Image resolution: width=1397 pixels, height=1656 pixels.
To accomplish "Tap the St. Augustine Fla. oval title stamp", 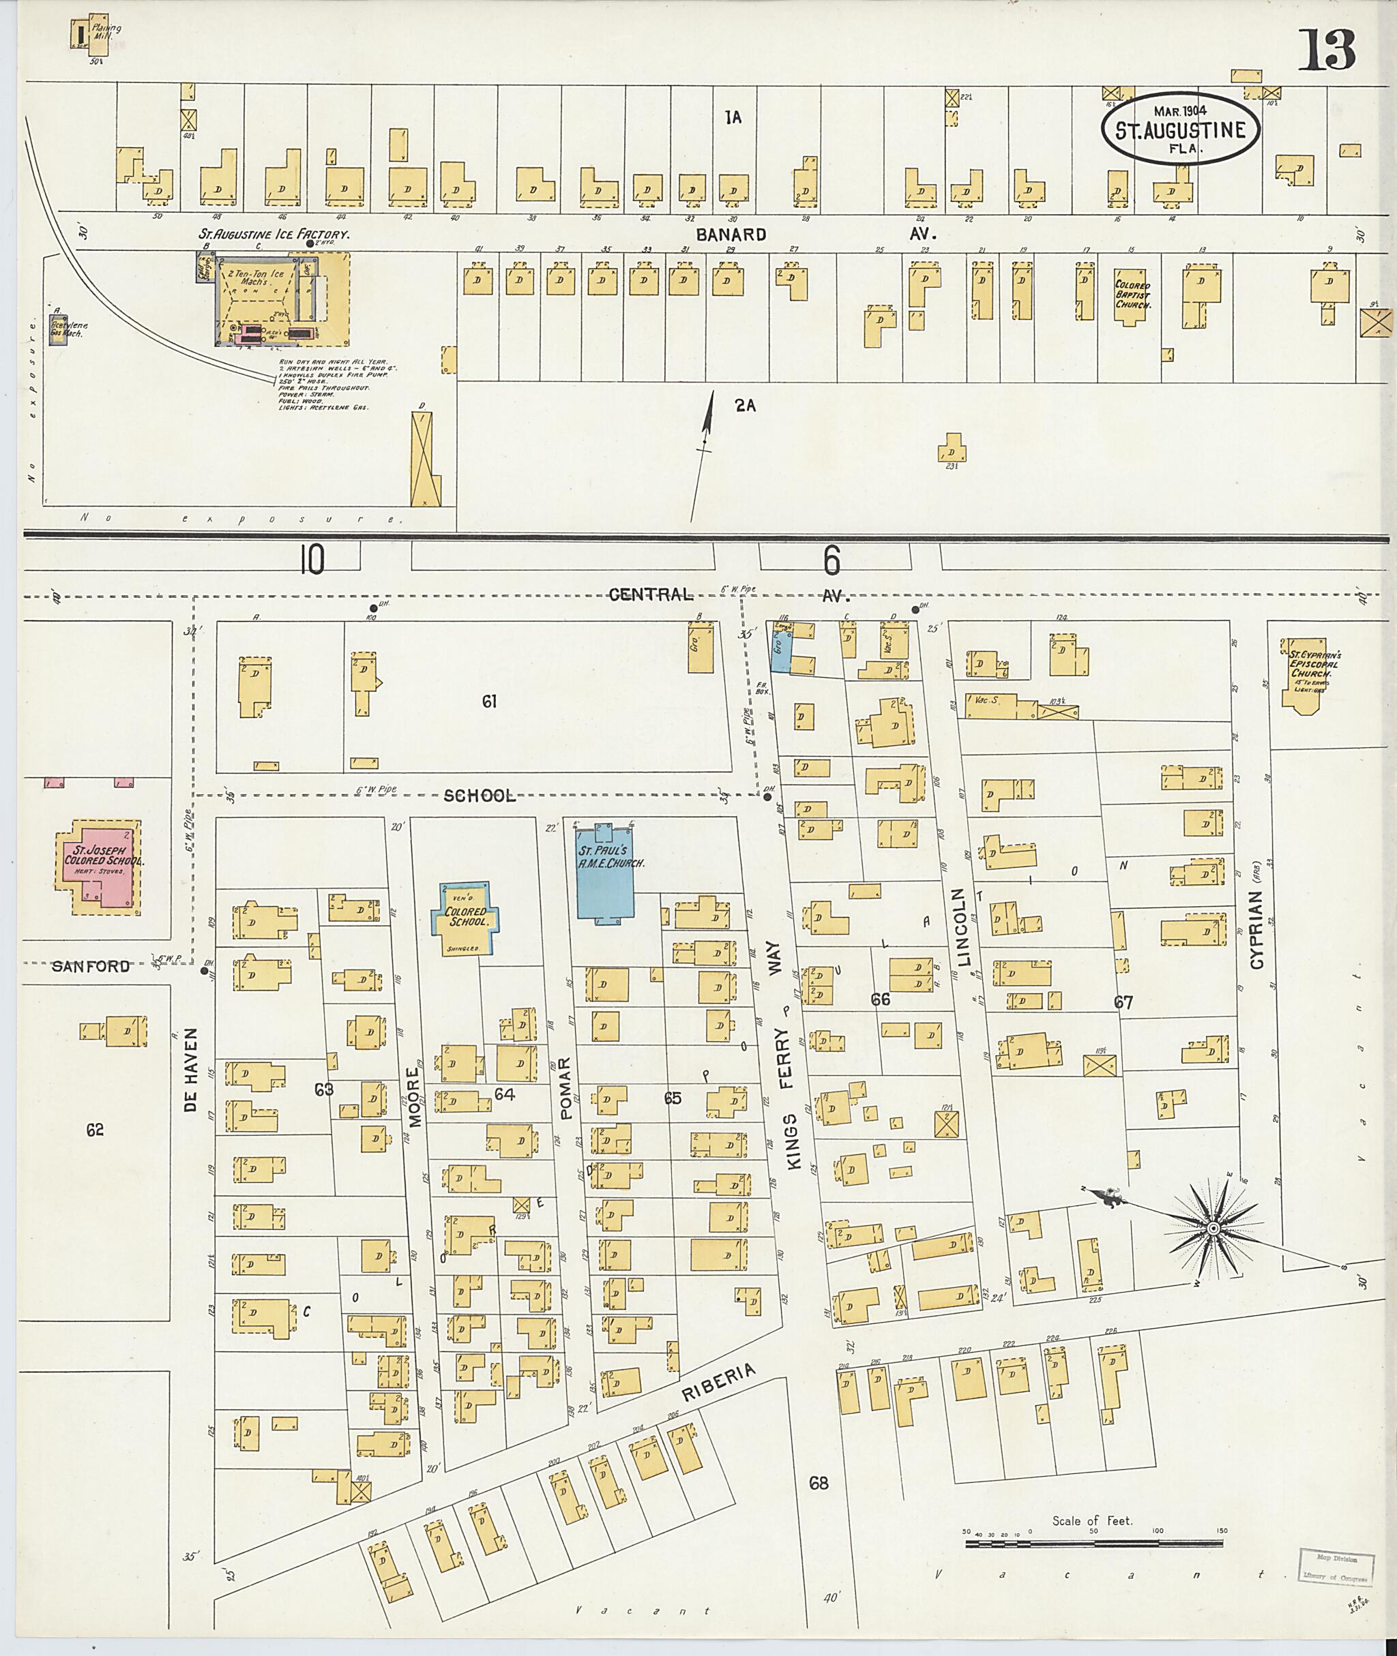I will click(1179, 128).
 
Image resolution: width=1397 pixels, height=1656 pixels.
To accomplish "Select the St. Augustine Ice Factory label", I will click(274, 235).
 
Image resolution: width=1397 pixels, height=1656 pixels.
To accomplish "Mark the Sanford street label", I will click(91, 967).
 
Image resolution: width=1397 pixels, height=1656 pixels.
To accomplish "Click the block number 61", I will click(488, 701).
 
